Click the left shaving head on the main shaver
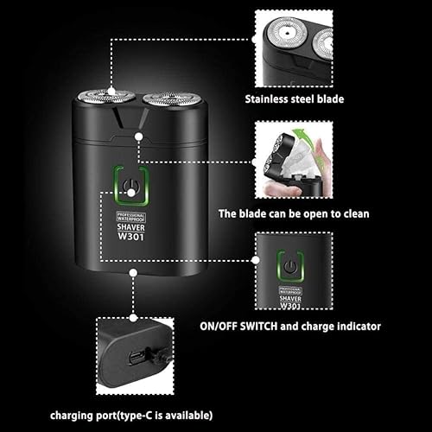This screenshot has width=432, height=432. coord(105,98)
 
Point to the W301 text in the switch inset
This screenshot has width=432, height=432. coord(291,304)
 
